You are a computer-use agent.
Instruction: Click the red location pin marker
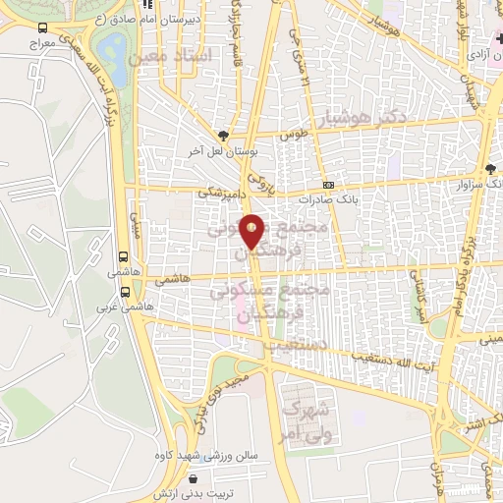253,230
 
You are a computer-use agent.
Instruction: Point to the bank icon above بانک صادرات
328,185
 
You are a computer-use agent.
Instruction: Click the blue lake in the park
115,48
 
